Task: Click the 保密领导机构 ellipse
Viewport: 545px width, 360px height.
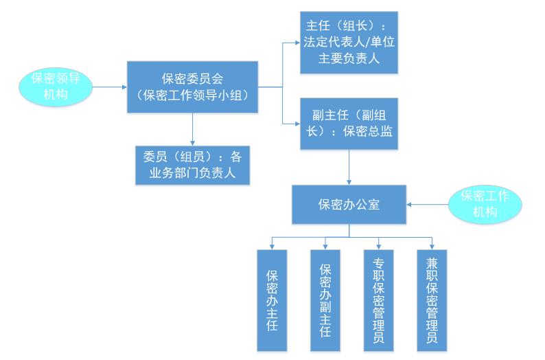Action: pyautogui.click(x=56, y=87)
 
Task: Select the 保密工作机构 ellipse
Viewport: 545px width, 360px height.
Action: pyautogui.click(x=485, y=203)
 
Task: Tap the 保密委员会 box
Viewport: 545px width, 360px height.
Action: pyautogui.click(x=192, y=87)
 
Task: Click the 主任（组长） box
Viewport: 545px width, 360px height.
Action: pyautogui.click(x=349, y=42)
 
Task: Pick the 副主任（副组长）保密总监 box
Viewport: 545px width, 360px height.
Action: pyautogui.click(x=349, y=123)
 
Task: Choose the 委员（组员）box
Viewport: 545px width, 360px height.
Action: pyautogui.click(x=192, y=165)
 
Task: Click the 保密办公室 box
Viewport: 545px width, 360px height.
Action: pyautogui.click(x=349, y=204)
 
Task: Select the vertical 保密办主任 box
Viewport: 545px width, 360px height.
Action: pyautogui.click(x=272, y=300)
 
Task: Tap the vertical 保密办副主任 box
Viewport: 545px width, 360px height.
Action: pyautogui.click(x=325, y=300)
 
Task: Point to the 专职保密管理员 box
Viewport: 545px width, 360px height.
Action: pyautogui.click(x=378, y=300)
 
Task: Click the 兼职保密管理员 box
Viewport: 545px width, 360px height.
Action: pyautogui.click(x=432, y=300)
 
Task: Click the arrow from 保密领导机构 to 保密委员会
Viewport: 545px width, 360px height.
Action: pyautogui.click(x=108, y=87)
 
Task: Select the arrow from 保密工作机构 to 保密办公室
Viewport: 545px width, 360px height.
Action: pyautogui.click(x=427, y=204)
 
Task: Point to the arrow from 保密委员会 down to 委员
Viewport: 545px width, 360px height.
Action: pyautogui.click(x=192, y=128)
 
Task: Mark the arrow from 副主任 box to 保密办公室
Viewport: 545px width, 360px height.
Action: pyautogui.click(x=349, y=167)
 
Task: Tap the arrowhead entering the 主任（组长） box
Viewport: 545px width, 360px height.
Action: pyautogui.click(x=296, y=42)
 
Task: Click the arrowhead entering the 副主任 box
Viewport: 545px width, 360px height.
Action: pyautogui.click(x=296, y=123)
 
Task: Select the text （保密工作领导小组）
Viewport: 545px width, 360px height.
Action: pyautogui.click(x=192, y=95)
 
